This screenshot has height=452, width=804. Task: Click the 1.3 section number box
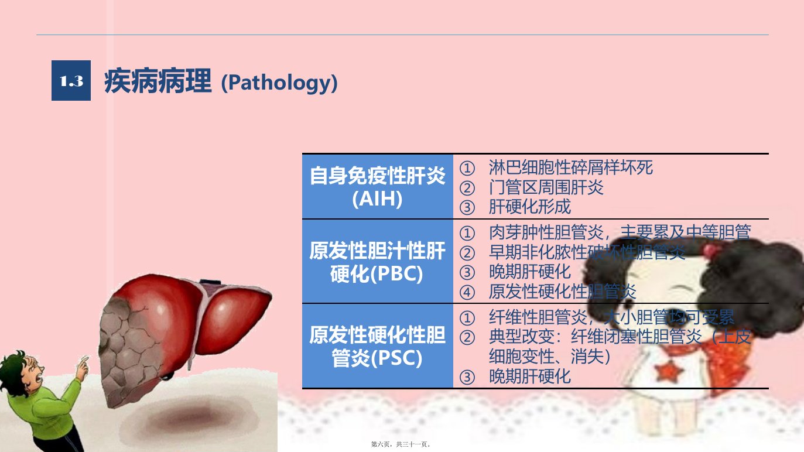71,80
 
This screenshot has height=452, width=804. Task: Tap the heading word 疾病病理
158,82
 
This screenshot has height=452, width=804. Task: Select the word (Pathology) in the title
279,83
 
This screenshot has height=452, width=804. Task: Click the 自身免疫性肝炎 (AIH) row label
378,187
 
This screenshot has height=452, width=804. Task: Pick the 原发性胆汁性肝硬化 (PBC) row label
378,261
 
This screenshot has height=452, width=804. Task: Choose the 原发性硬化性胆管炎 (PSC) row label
378,346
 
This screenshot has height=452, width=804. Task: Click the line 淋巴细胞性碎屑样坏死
571,167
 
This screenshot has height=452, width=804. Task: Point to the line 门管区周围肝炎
546,187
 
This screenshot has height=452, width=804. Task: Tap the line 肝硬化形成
530,207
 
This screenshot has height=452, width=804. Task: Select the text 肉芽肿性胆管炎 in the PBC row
546,232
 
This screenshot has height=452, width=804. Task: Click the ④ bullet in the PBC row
467,292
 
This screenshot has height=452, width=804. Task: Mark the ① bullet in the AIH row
467,168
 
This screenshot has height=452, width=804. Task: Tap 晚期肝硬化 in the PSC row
530,376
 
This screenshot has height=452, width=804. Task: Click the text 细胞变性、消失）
550,357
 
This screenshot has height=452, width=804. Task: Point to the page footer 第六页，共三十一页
401,444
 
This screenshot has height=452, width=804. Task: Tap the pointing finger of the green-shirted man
84,360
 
